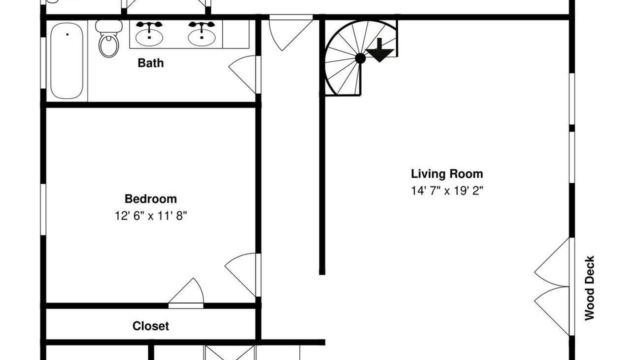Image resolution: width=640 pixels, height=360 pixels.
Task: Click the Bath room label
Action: [x=150, y=63]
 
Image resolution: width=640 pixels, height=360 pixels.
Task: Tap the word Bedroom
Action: [x=150, y=199]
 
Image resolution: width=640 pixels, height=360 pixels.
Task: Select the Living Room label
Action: [x=447, y=173]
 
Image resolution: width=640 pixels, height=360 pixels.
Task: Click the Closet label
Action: [x=150, y=326]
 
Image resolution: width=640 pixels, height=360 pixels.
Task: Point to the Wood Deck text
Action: [x=589, y=288]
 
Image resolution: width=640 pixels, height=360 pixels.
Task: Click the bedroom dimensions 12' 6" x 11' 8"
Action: [x=150, y=215]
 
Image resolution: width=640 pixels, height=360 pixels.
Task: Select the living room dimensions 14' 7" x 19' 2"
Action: [x=447, y=190]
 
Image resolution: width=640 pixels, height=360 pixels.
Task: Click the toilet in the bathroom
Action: [x=109, y=39]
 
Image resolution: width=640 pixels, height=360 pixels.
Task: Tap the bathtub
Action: [x=67, y=61]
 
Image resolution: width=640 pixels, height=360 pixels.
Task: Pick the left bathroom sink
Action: [x=149, y=34]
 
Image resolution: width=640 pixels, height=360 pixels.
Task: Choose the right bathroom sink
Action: [x=201, y=34]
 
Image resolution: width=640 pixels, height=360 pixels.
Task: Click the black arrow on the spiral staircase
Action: [x=379, y=50]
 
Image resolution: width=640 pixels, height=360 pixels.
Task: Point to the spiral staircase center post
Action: [x=360, y=58]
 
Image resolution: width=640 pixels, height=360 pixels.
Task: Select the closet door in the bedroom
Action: [x=186, y=291]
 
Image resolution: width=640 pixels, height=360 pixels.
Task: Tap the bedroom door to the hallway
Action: [x=241, y=275]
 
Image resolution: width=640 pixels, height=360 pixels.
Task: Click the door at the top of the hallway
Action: [x=290, y=33]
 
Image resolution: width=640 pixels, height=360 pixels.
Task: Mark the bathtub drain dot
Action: [x=67, y=34]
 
